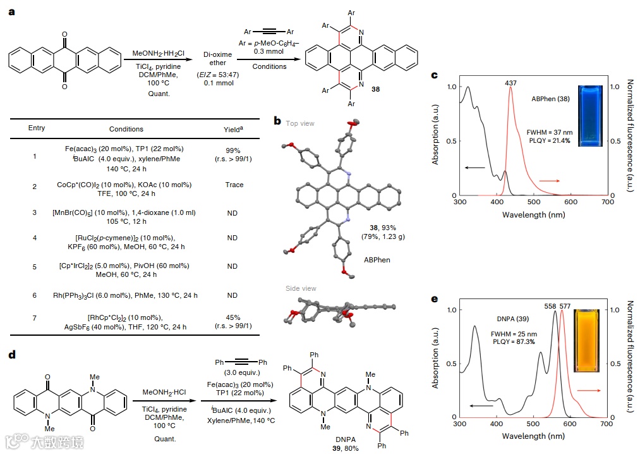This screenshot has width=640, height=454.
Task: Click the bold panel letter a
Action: click(12, 12)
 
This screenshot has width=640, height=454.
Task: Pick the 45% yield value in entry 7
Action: click(232, 317)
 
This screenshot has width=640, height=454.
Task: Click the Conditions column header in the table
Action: click(126, 129)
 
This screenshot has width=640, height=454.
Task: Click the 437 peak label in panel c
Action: click(511, 82)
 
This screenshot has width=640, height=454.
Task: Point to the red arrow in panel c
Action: click(549, 181)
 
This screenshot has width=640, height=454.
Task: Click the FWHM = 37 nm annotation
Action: click(549, 132)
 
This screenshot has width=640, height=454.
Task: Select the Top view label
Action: click(299, 124)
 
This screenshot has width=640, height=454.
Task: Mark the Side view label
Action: click(300, 289)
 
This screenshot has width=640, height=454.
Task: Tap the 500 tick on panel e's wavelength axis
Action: click(533, 423)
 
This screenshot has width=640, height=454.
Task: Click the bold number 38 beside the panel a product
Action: click(376, 89)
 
